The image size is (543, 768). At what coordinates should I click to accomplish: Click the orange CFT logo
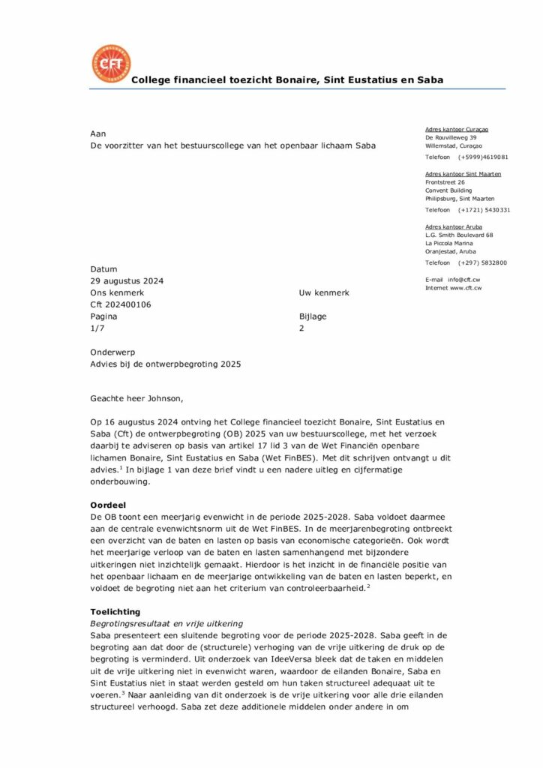click(x=110, y=64)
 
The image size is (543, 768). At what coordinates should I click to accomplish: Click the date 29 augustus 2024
click(x=127, y=281)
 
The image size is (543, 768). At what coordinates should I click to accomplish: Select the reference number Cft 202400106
click(x=121, y=304)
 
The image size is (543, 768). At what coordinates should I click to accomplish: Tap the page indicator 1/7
click(x=97, y=328)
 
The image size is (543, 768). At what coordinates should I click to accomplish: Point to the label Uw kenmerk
click(x=323, y=293)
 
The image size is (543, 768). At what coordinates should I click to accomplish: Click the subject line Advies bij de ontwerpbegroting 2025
click(x=166, y=364)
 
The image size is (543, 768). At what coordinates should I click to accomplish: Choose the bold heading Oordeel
click(x=109, y=505)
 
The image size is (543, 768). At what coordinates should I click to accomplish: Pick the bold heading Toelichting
click(x=115, y=612)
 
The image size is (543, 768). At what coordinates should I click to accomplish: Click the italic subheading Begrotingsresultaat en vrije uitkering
click(x=166, y=623)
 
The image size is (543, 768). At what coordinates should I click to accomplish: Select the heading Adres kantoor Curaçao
click(x=457, y=129)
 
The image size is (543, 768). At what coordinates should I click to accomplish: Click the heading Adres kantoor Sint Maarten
click(x=463, y=174)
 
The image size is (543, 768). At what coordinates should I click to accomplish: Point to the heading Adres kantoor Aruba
click(x=453, y=226)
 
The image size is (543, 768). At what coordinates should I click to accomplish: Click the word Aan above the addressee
click(x=97, y=133)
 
